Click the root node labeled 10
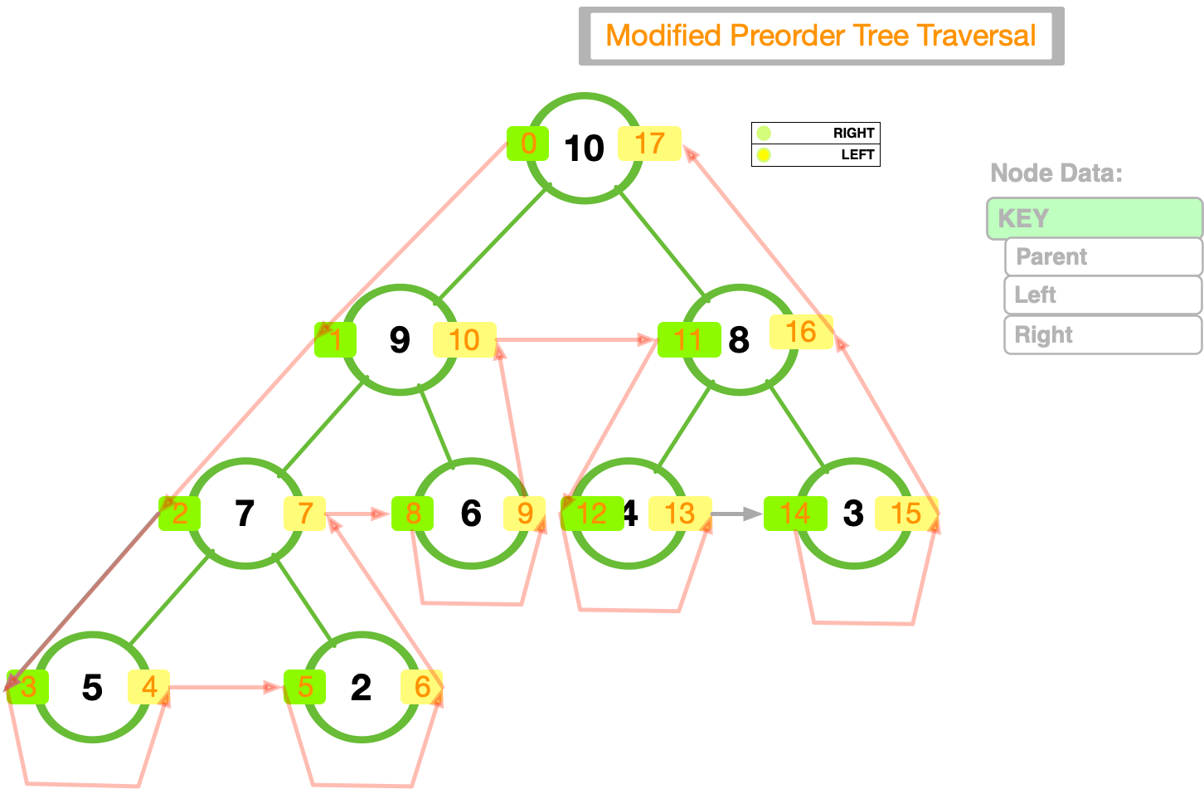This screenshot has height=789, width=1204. click(x=585, y=148)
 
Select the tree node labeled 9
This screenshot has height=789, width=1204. click(x=400, y=339)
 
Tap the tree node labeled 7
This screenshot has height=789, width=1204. click(x=245, y=514)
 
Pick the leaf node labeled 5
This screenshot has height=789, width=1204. click(x=92, y=687)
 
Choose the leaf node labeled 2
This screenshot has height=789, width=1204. click(x=361, y=687)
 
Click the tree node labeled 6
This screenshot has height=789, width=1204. click(x=471, y=514)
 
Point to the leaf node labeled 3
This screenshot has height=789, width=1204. click(x=853, y=514)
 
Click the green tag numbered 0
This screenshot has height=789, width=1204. click(x=527, y=144)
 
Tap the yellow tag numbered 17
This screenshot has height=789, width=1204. click(x=650, y=144)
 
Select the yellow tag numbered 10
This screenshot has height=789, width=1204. click(x=464, y=339)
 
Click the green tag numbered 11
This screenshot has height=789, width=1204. click(x=688, y=339)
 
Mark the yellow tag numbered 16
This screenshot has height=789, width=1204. click(x=801, y=332)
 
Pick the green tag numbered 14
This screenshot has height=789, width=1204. click(x=794, y=514)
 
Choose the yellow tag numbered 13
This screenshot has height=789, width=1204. click(x=680, y=514)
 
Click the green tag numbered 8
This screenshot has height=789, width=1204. click(x=413, y=514)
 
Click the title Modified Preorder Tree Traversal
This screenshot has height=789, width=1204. click(x=821, y=36)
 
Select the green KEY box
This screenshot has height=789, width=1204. click(x=1094, y=219)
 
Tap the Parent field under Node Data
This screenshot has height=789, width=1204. click(x=1103, y=257)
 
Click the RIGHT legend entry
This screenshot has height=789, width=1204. click(x=816, y=133)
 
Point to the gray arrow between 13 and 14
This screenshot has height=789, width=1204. click(x=736, y=514)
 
